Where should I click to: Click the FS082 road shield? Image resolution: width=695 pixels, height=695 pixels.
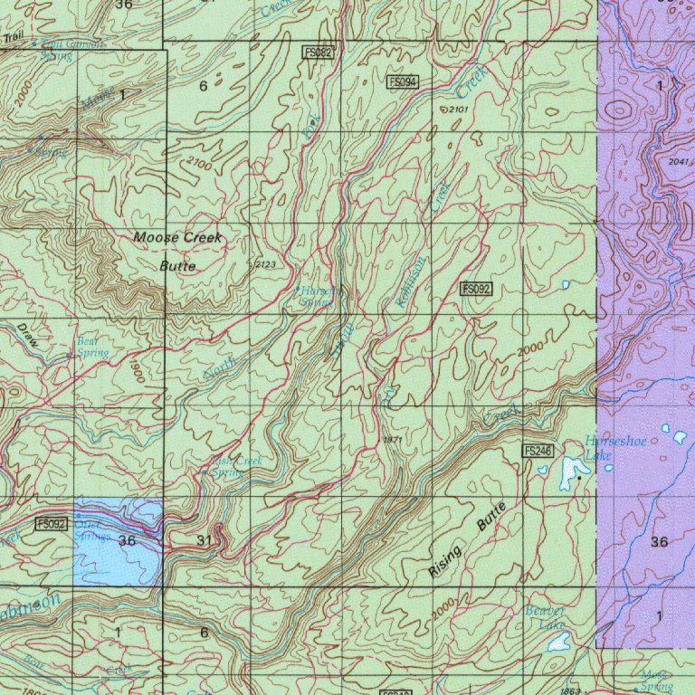click(x=319, y=53)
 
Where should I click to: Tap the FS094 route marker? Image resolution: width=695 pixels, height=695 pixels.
click(x=403, y=82)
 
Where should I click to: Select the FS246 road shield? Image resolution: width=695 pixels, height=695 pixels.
click(x=538, y=451)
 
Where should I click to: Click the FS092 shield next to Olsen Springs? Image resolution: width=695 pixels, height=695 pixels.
click(x=52, y=524)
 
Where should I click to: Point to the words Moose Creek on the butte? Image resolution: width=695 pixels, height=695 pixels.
click(x=177, y=237)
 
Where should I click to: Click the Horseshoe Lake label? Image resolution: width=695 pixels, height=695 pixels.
click(x=604, y=447)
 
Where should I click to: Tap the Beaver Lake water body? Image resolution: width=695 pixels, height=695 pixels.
click(x=559, y=643)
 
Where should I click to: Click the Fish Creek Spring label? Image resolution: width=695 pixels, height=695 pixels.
click(x=234, y=466)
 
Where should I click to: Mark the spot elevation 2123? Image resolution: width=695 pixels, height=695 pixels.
click(x=266, y=265)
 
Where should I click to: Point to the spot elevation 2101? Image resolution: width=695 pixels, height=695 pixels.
click(x=459, y=109)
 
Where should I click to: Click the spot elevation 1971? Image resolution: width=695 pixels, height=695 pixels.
click(x=392, y=439)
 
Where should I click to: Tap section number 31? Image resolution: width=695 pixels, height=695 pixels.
click(x=205, y=540)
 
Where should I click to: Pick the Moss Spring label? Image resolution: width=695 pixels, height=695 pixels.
click(x=656, y=681)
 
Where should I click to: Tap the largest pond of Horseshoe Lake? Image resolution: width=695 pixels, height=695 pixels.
click(x=572, y=469)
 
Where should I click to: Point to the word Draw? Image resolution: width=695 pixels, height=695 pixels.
click(x=29, y=338)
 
